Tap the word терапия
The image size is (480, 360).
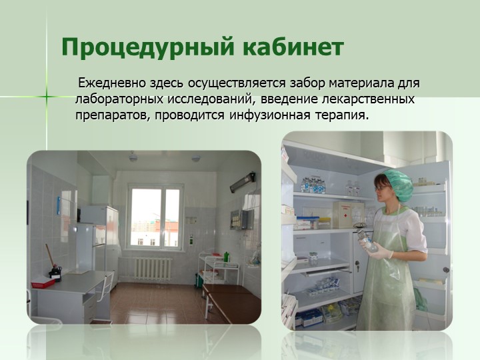point(341,116)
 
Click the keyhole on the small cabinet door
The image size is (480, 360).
point(357,263)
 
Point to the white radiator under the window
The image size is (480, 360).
point(153,269)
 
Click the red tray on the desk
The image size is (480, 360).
point(43,281)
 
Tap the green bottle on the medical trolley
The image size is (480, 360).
point(226,257)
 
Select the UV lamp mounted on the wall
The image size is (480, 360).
point(243,182)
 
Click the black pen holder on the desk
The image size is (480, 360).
point(55,273)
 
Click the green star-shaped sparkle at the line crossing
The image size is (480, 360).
point(47,97)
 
